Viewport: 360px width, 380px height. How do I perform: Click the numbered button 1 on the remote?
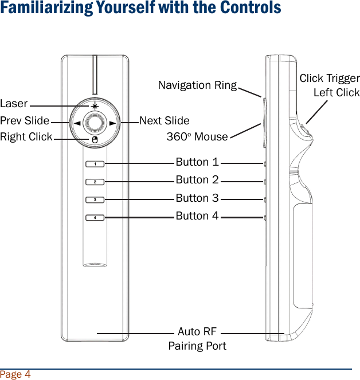[x=95, y=164]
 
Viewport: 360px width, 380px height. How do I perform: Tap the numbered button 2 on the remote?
[x=95, y=182]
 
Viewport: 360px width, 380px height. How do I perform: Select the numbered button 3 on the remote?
[x=95, y=199]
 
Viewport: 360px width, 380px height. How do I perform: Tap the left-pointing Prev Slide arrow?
[x=75, y=123]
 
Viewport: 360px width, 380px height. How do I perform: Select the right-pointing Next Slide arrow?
[x=113, y=123]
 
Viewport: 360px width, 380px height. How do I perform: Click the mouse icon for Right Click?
[x=95, y=139]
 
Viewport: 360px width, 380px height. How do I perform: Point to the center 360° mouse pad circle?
[x=95, y=122]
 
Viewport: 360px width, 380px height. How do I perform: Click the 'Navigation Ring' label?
[x=197, y=85]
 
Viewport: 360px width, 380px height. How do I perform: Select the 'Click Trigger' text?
[x=330, y=79]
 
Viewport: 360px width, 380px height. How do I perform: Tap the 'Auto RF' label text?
[x=197, y=332]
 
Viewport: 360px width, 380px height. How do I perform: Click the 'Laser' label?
[x=14, y=104]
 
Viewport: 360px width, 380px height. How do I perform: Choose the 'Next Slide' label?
[x=165, y=121]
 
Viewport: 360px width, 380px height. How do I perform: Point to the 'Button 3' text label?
[x=197, y=198]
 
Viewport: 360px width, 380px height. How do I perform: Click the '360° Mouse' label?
[x=197, y=137]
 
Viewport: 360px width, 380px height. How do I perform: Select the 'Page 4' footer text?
[x=15, y=375]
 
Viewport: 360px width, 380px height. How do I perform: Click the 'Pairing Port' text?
[x=197, y=346]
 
